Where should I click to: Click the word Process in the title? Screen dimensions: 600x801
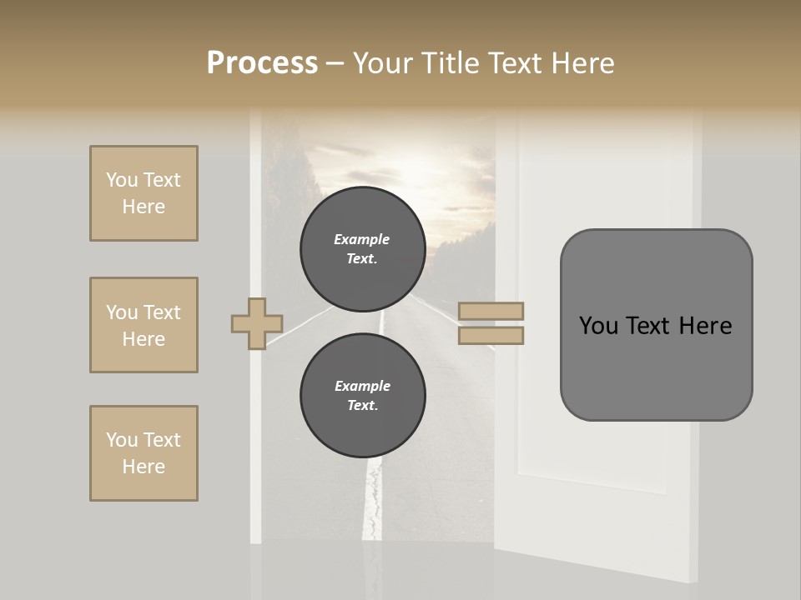coord(262,63)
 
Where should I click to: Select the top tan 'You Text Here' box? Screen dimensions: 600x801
coord(144,193)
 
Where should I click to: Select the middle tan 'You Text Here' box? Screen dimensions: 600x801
coord(144,325)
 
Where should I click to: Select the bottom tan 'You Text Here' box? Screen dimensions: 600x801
coord(144,453)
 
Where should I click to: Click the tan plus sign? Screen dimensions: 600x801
coord(257,323)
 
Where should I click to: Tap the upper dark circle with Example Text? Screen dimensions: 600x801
coord(362,249)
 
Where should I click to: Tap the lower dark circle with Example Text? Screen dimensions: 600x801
coord(362,396)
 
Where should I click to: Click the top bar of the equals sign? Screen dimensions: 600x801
coord(491,312)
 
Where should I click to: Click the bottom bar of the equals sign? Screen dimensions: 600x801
coord(491,336)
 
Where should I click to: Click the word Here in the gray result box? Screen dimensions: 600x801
coord(705,326)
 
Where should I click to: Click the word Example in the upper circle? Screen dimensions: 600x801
coord(361,240)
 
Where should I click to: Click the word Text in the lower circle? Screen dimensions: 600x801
coord(362,406)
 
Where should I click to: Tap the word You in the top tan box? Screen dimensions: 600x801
coord(121,180)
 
